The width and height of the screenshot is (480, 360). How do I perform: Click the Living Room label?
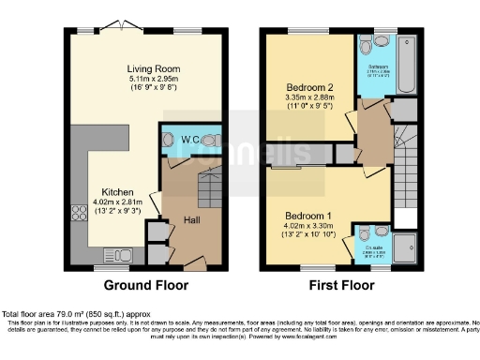(154, 69)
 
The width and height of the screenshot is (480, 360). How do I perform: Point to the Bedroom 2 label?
(309, 87)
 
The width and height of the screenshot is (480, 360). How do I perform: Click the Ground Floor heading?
(145, 285)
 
